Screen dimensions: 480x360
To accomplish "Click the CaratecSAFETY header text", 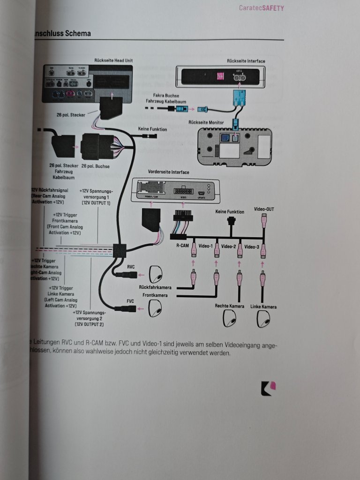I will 261,8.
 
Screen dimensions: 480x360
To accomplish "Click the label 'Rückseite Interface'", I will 246,61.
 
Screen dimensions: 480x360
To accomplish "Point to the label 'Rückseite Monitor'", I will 207,122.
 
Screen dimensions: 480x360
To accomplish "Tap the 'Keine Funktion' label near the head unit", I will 152,129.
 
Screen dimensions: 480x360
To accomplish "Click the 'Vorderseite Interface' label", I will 168,172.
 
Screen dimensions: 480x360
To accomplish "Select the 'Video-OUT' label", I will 263,209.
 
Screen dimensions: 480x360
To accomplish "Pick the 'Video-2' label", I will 229,246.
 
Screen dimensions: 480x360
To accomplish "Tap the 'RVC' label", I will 131,266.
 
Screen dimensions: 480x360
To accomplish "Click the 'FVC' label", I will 131,300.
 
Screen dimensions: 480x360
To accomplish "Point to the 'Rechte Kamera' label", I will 229,307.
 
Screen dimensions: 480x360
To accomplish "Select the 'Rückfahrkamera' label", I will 155,287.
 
